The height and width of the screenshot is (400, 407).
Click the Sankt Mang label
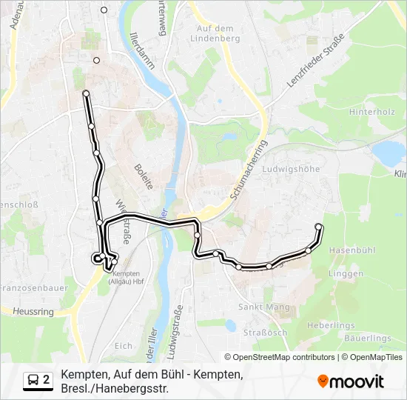click(x=258, y=306)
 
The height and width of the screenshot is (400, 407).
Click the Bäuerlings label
click(x=368, y=339)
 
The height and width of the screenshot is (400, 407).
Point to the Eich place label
click(x=124, y=346)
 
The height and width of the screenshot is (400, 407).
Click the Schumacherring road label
click(x=247, y=171)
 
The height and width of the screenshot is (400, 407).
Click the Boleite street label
click(x=144, y=176)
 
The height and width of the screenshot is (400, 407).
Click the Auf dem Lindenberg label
click(x=215, y=33)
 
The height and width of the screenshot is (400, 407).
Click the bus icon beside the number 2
click(x=34, y=380)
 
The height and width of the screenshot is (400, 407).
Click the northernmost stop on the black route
click(x=86, y=93)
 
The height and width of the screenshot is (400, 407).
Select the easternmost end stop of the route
click(x=319, y=227)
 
